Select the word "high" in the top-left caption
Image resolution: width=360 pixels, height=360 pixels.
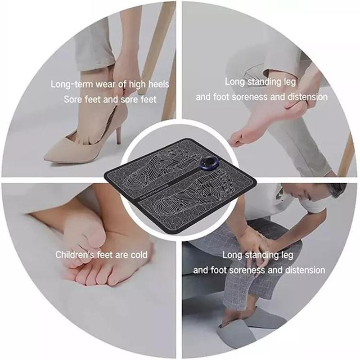tap(142, 84)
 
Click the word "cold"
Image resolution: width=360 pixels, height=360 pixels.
tap(139, 255)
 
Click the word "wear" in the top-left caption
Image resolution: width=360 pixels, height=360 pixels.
tap(109, 84)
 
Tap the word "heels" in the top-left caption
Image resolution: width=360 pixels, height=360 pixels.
tap(160, 84)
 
